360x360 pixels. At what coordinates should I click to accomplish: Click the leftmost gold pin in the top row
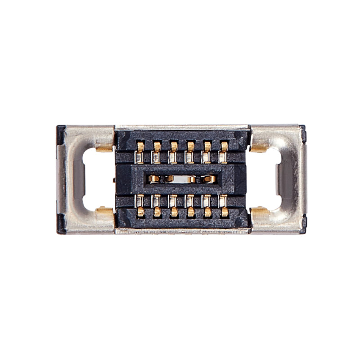[x=140, y=147]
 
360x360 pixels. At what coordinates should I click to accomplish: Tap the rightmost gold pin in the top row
[x=224, y=147]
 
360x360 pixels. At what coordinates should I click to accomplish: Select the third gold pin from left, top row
[x=174, y=147]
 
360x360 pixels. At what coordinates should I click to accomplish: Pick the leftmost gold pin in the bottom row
[x=140, y=211]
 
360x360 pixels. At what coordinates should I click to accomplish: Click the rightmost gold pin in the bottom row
[x=224, y=211]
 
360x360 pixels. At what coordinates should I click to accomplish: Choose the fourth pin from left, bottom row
[x=191, y=211]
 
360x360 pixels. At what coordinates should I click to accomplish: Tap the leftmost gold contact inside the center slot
[x=153, y=179]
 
